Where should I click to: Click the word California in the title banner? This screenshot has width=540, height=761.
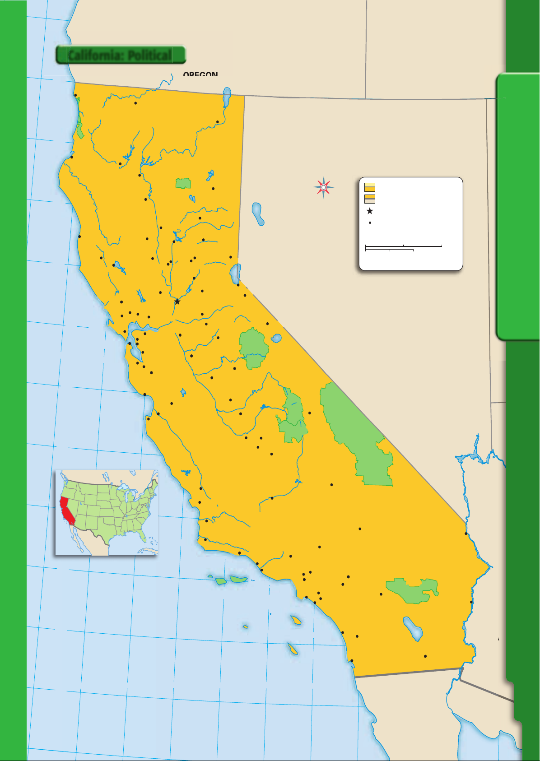[x=96, y=56]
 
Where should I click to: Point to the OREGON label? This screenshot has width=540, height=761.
[x=200, y=74]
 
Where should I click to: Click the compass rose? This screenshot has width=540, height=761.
[x=324, y=187]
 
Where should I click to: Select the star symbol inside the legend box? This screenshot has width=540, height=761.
[x=370, y=211]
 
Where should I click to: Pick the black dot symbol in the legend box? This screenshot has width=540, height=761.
[x=370, y=223]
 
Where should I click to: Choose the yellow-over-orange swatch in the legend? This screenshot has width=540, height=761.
[x=369, y=187]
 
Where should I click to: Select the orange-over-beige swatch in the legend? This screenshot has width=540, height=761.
[x=369, y=199]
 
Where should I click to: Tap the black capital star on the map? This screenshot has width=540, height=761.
[x=177, y=302]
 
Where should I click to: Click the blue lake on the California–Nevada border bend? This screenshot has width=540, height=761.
[x=235, y=274]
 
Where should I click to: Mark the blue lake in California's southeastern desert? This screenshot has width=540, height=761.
[x=413, y=628]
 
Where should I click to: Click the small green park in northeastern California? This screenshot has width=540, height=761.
[x=183, y=183]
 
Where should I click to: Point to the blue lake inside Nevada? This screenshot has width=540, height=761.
[x=257, y=213]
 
